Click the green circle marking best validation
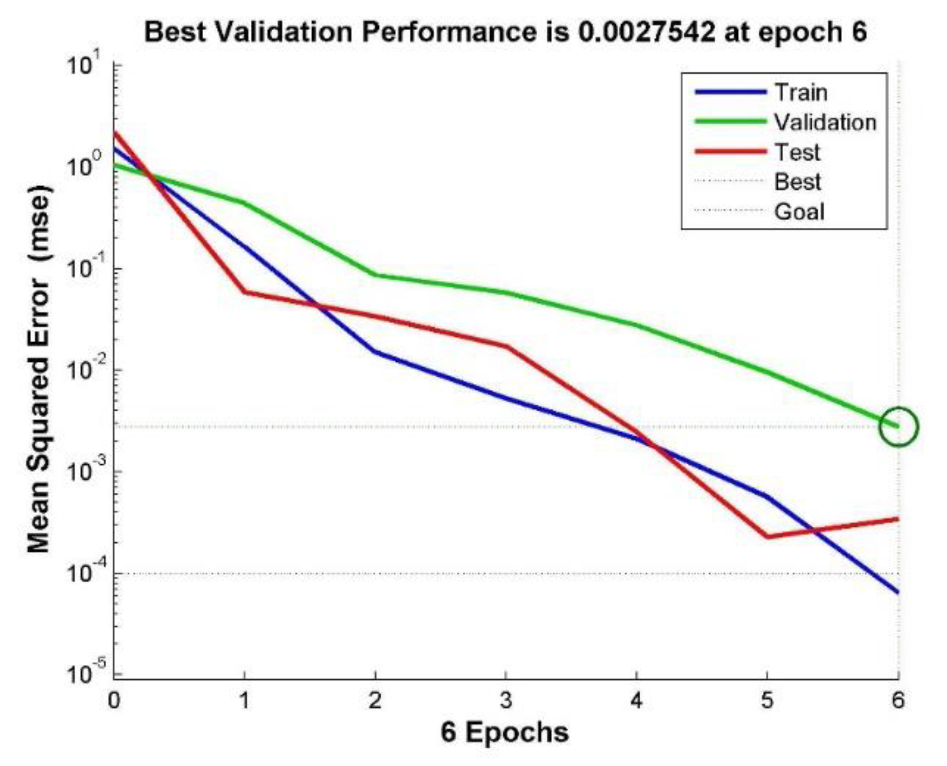[x=898, y=427]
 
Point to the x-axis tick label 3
[x=506, y=700]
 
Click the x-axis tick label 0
[x=114, y=700]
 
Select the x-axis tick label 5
[x=767, y=700]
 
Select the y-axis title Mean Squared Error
[x=39, y=370]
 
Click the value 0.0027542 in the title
[x=646, y=32]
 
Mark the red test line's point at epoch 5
[x=767, y=537]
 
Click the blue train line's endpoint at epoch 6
[x=897, y=592]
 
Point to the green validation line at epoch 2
[x=375, y=274]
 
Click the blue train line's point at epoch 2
[x=375, y=351]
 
